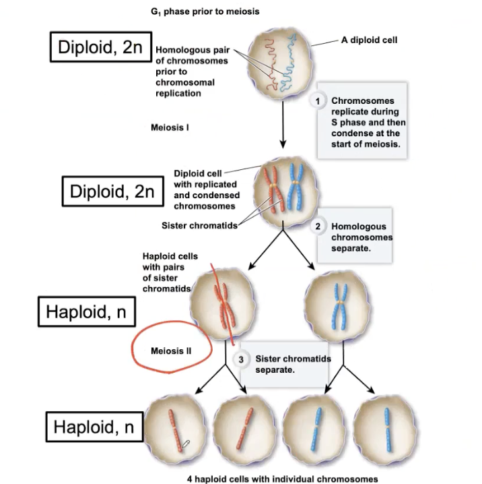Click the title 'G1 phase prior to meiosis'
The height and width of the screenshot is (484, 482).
pos(205,11)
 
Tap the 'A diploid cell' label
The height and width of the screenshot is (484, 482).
pos(369,40)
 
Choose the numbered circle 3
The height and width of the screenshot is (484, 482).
pos(242,360)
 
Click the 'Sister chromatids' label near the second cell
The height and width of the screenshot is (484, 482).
pos(200,225)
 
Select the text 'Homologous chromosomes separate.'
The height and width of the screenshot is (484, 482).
pos(361,238)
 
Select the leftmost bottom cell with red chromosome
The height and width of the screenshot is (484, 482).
pos(174,429)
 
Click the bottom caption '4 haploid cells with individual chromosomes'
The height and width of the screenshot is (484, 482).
pos(283,479)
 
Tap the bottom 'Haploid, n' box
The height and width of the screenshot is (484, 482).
pos(94,427)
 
